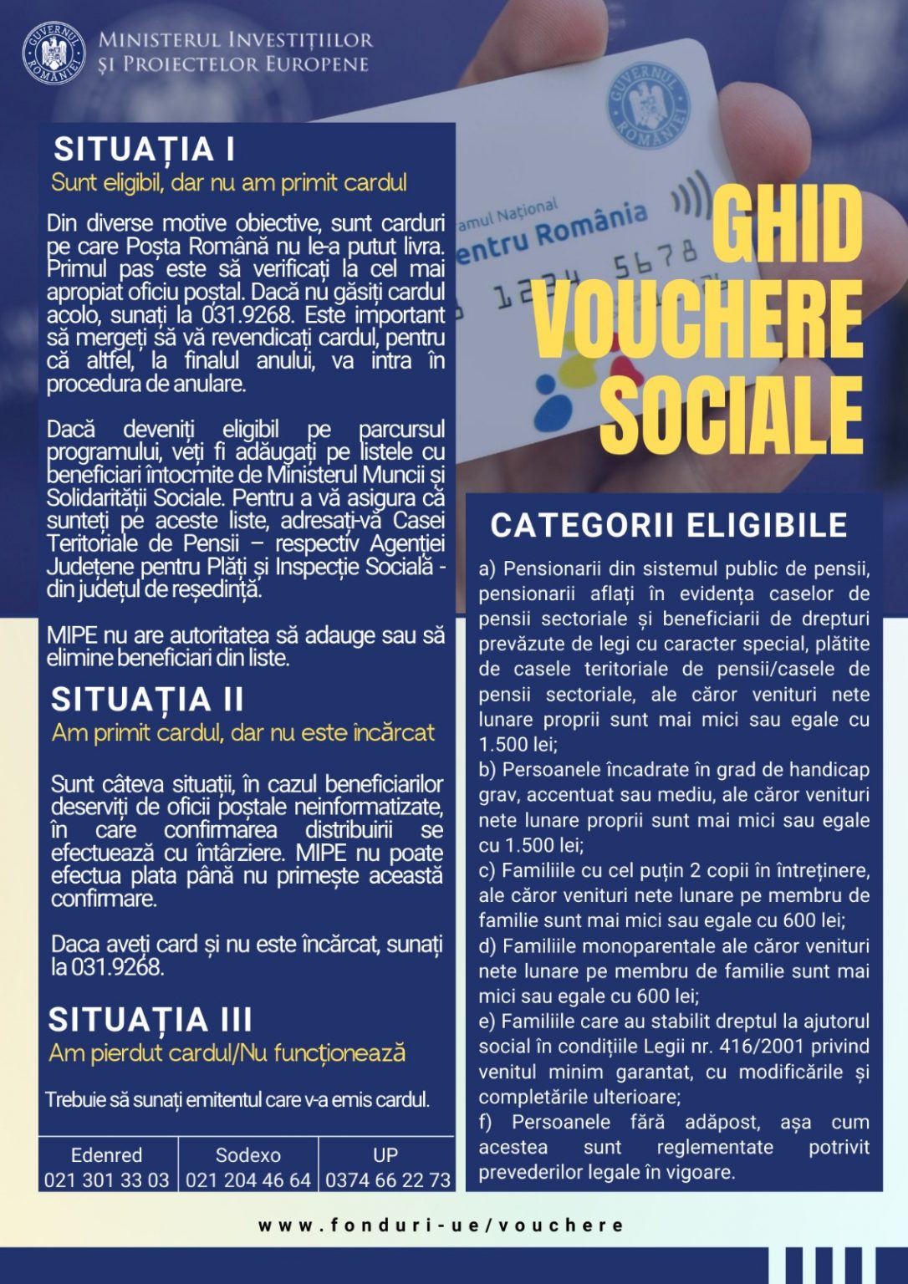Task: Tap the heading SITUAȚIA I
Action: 144,150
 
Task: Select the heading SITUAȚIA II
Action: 147,700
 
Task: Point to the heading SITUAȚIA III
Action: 150,1020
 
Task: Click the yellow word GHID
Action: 787,222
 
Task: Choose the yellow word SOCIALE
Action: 732,415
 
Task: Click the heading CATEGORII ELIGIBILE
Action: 669,526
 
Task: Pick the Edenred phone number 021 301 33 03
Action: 107,1180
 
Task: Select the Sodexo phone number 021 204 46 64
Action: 248,1180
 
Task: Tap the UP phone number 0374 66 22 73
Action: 388,1180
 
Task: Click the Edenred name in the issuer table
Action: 107,1155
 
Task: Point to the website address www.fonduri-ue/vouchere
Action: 441,1225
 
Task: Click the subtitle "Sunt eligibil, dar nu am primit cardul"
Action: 228,182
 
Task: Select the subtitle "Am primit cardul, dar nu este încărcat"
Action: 243,733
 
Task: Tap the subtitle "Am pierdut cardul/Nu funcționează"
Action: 227,1052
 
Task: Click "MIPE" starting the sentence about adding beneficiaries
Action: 72,635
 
